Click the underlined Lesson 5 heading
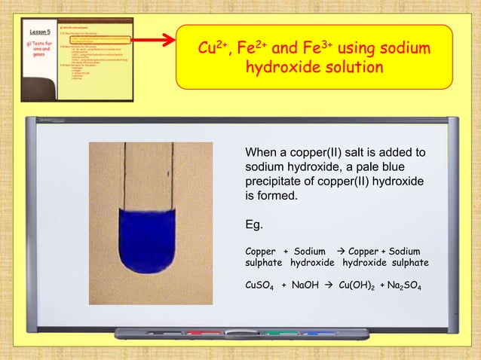40,32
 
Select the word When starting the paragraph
262,153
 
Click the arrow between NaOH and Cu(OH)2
329,286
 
